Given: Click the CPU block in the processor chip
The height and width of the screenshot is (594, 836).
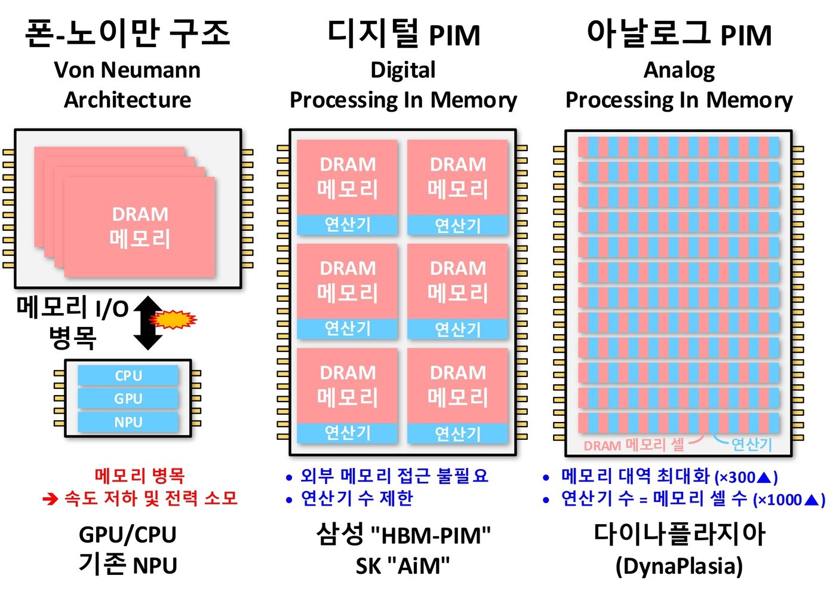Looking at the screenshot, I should pos(128,375).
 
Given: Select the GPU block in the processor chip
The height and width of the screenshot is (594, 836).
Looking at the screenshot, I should pos(128,399).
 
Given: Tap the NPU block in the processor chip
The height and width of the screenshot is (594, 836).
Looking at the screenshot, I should pos(128,422).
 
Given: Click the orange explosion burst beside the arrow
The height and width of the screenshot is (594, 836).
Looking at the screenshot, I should pos(173,320).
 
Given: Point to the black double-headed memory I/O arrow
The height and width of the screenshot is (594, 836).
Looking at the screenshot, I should pos(147,323).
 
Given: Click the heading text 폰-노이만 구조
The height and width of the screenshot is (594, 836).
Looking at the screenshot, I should pos(127,33).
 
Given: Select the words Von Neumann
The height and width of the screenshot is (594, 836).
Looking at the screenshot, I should pos(127,70).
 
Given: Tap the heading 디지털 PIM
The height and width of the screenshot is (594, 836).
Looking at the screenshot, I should pos(404,33).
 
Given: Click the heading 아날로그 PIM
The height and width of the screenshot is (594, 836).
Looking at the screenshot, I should pos(679,33).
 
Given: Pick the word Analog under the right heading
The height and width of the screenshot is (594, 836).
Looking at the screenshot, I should pos(679,71).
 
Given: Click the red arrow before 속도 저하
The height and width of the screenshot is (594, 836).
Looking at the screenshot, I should pos(50,498).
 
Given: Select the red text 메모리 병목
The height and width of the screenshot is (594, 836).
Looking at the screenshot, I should pos(140,476).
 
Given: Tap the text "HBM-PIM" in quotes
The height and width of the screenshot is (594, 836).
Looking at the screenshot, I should pos(431,535).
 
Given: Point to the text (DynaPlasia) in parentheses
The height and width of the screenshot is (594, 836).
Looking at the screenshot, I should pos(679,565).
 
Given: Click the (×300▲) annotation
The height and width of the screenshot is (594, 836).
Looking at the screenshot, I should pos(746,477).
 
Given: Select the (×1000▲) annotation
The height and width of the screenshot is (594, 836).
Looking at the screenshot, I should pos(788,500).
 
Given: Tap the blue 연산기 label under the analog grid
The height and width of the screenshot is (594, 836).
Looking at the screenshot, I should pos(752,445).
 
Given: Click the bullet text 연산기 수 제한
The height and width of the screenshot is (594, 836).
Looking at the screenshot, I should pos(356,498).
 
